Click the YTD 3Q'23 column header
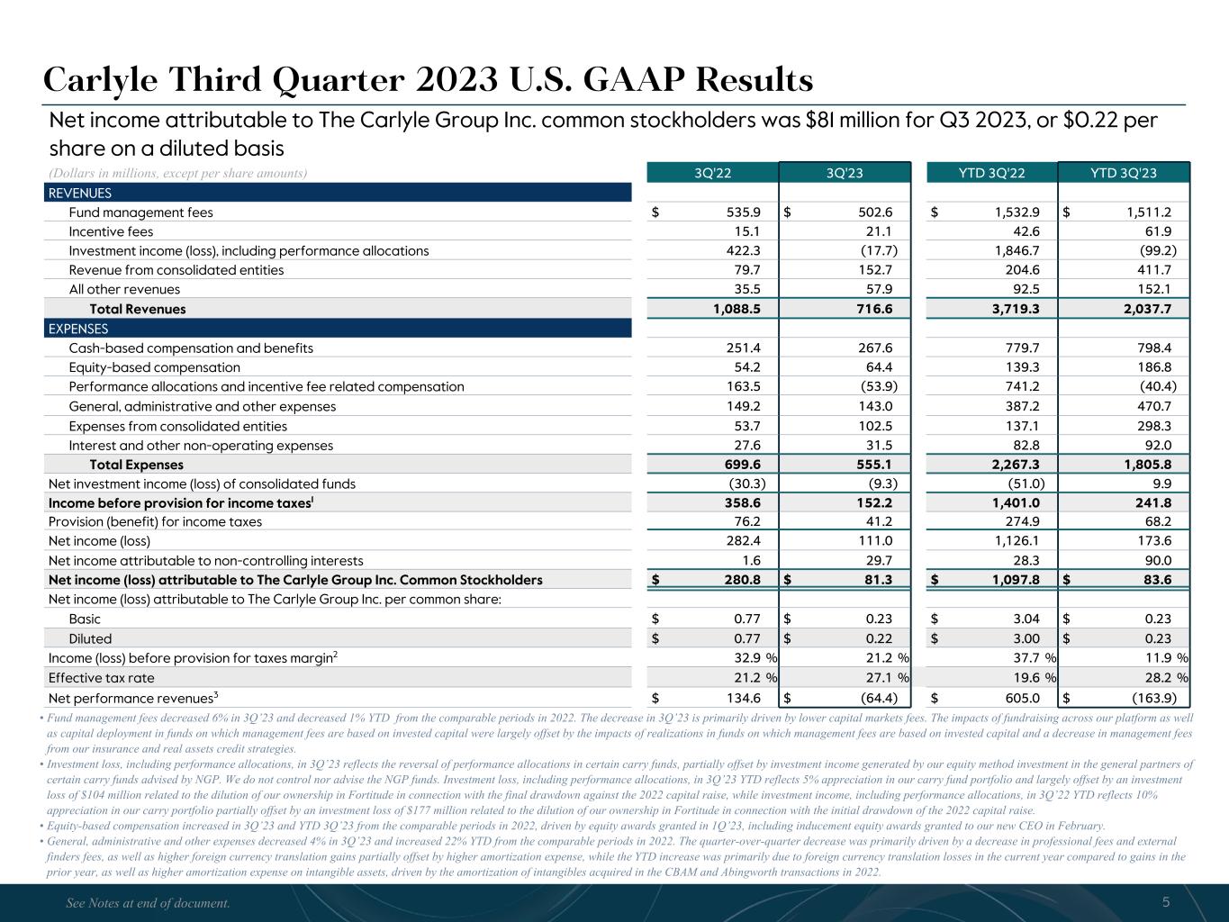[x=1124, y=173]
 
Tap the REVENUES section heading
[x=79, y=193]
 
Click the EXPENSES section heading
[x=77, y=329]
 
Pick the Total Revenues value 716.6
[x=873, y=309]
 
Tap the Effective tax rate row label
[x=101, y=677]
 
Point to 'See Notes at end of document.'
[x=149, y=902]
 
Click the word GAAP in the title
[x=637, y=81]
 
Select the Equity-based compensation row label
[x=154, y=367]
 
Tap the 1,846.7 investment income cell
[x=1014, y=250]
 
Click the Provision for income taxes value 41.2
[x=877, y=521]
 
